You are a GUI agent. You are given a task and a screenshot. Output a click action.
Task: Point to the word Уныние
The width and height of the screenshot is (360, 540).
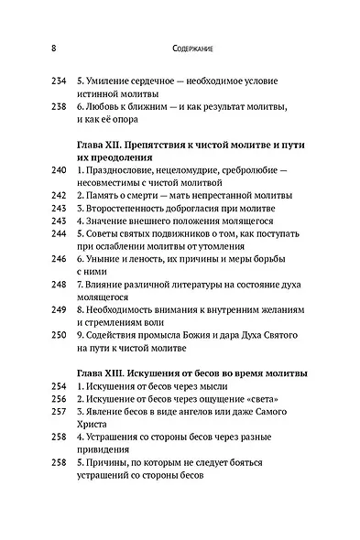point(104,259)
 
